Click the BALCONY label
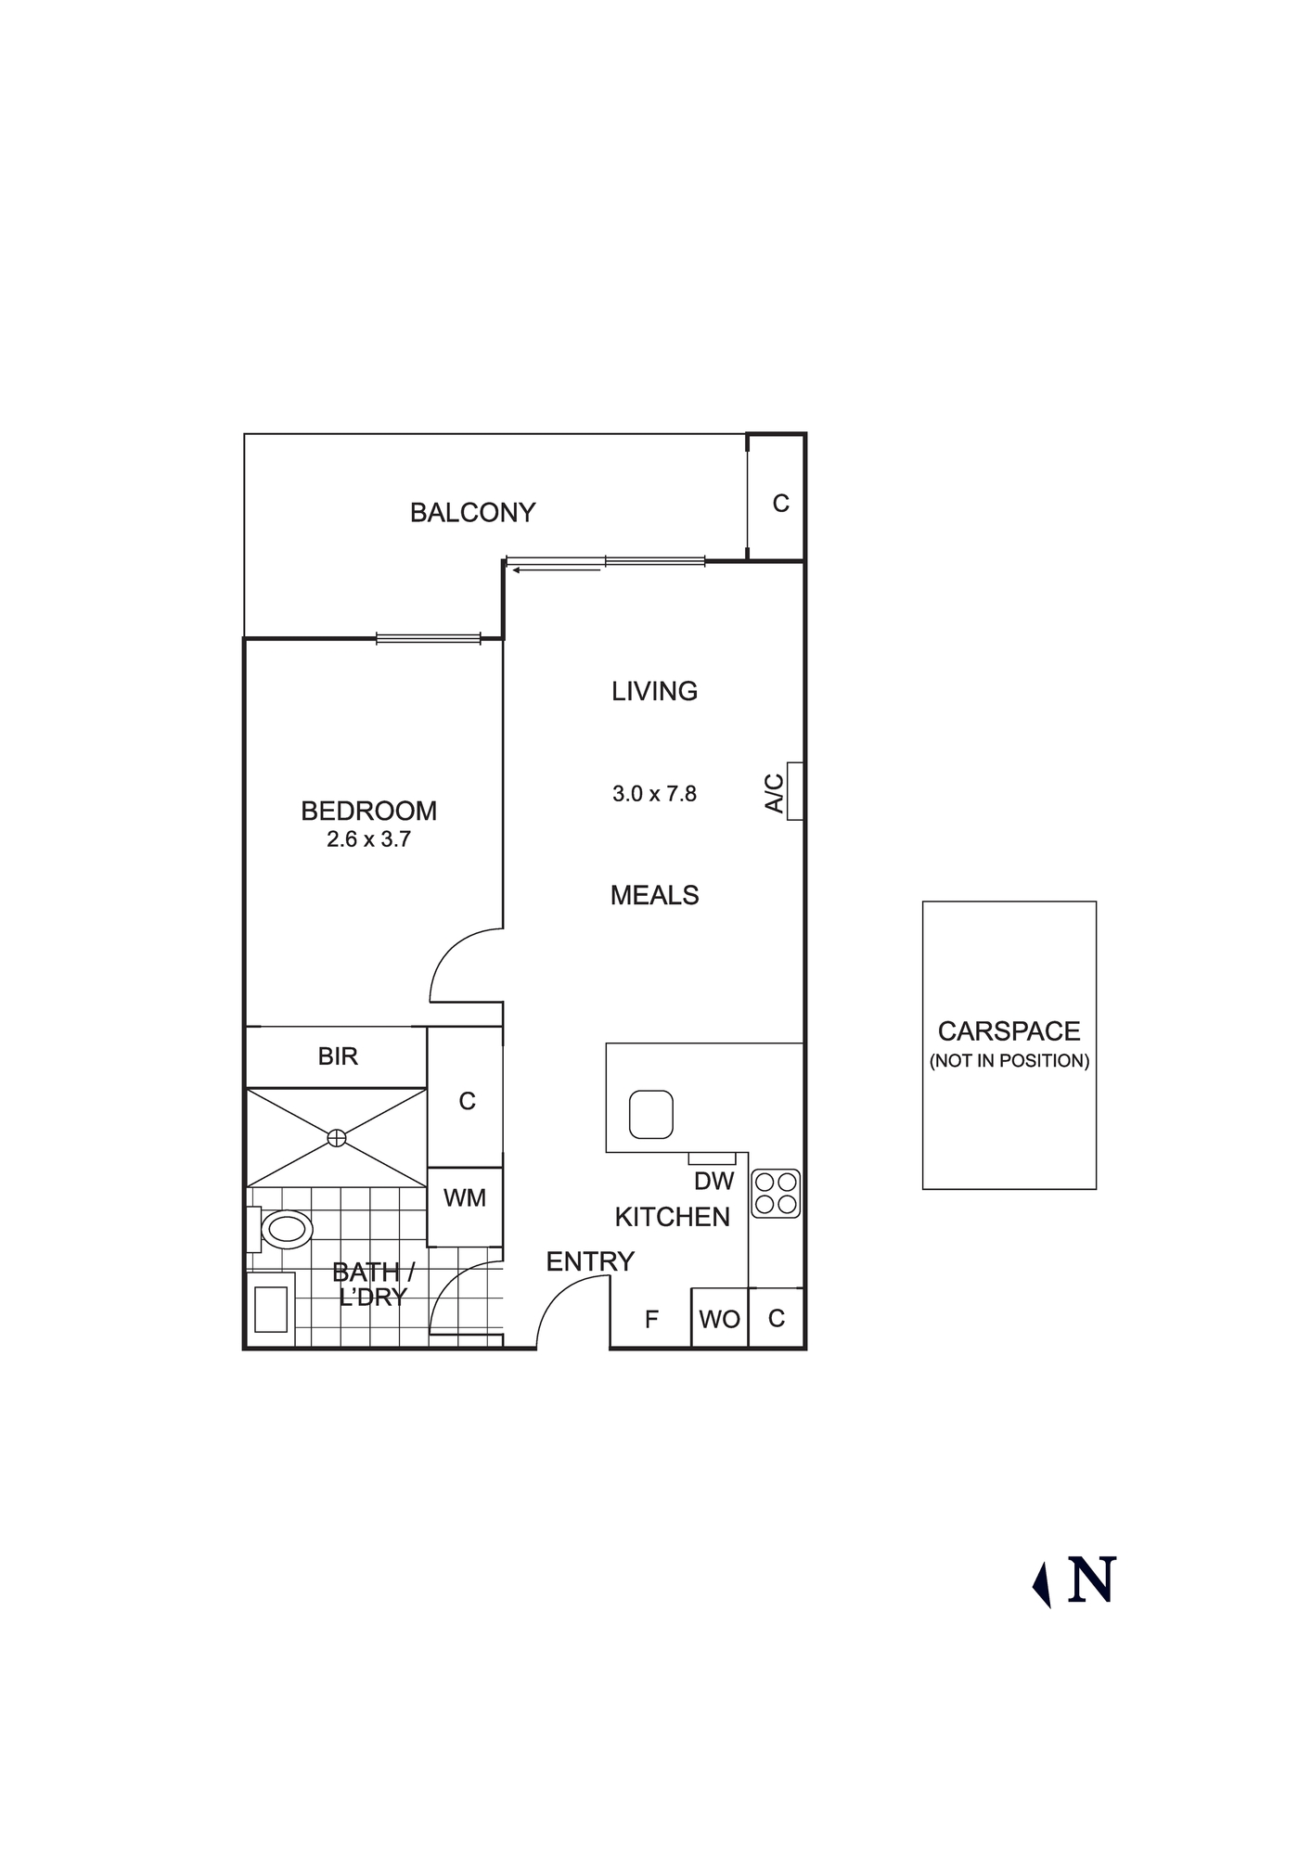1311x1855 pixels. click(x=472, y=513)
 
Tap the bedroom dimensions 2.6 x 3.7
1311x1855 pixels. click(x=368, y=839)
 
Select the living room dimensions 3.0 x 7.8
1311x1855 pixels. click(x=654, y=794)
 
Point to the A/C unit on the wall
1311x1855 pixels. click(x=794, y=791)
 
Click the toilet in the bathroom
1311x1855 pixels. click(x=286, y=1230)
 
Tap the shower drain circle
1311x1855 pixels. click(x=337, y=1137)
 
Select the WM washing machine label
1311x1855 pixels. click(x=465, y=1198)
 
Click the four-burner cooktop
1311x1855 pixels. click(x=777, y=1193)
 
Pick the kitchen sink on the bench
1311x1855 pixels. click(x=650, y=1114)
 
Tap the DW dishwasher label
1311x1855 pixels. click(x=713, y=1182)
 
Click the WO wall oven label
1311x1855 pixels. click(x=719, y=1319)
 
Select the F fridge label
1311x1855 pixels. click(x=651, y=1319)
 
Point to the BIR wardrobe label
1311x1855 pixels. click(x=338, y=1056)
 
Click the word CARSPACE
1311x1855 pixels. click(x=1009, y=1031)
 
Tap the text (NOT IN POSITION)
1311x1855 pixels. click(x=1009, y=1061)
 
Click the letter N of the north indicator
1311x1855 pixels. click(x=1091, y=1580)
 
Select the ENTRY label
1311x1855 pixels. click(x=590, y=1261)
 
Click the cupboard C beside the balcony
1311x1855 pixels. click(x=780, y=503)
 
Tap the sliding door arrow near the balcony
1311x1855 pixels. click(x=557, y=570)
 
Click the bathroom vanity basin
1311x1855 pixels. click(x=270, y=1309)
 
